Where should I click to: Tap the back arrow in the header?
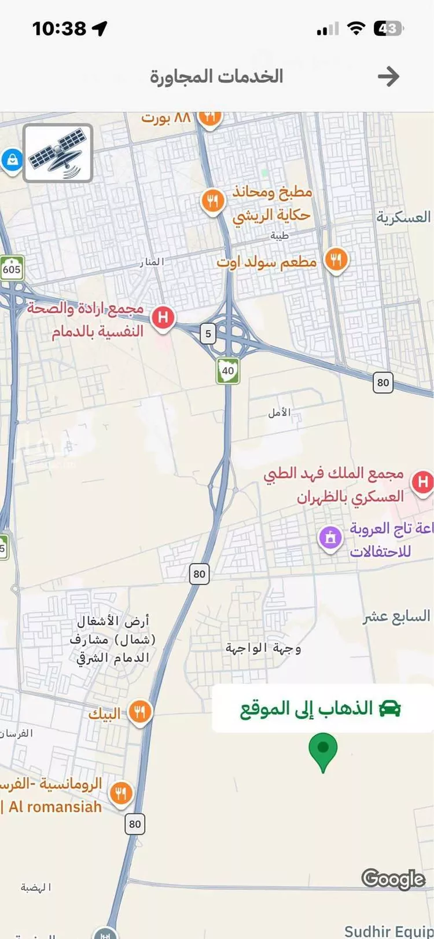tap(388, 76)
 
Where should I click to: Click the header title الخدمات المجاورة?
tap(216, 76)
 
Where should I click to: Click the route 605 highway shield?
tap(11, 269)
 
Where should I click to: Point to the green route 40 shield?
tap(228, 371)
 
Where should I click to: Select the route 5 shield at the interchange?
tap(208, 334)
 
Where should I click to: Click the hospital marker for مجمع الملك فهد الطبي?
tap(422, 482)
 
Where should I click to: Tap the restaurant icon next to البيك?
tap(139, 711)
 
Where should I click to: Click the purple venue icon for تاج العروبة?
tap(330, 538)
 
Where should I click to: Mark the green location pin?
tap(323, 750)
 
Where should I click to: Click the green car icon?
tap(391, 708)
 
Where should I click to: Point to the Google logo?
tap(393, 878)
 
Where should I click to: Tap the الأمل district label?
tap(279, 413)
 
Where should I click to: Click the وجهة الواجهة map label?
tap(263, 648)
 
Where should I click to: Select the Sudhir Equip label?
tap(388, 931)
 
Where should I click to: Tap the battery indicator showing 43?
tap(388, 28)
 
